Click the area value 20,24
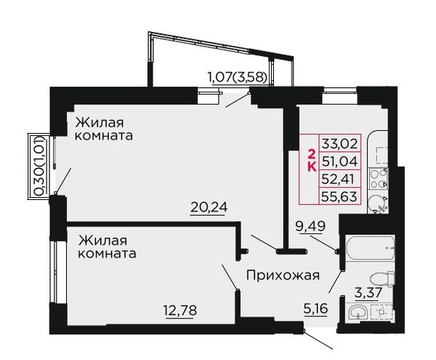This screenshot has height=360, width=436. [x=209, y=207]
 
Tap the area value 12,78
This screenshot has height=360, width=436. [x=180, y=311]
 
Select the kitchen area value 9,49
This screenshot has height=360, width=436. [x=310, y=227]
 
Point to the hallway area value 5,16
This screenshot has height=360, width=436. [x=316, y=309]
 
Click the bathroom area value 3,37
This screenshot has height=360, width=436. [x=366, y=293]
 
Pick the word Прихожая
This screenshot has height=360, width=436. [x=283, y=276]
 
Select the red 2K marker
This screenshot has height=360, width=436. [x=312, y=161]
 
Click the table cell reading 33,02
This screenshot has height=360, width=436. [x=339, y=144]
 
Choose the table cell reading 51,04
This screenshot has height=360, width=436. [x=339, y=161]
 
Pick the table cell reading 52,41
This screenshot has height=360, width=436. [x=339, y=179]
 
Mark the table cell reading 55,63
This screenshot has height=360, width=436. [x=339, y=196]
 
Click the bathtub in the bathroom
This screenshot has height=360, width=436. [x=370, y=248]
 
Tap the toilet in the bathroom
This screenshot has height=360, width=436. [x=382, y=279]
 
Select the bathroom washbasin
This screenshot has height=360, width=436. [x=358, y=313]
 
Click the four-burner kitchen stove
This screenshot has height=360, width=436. [x=378, y=179]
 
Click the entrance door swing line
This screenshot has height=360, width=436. [x=318, y=340]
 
